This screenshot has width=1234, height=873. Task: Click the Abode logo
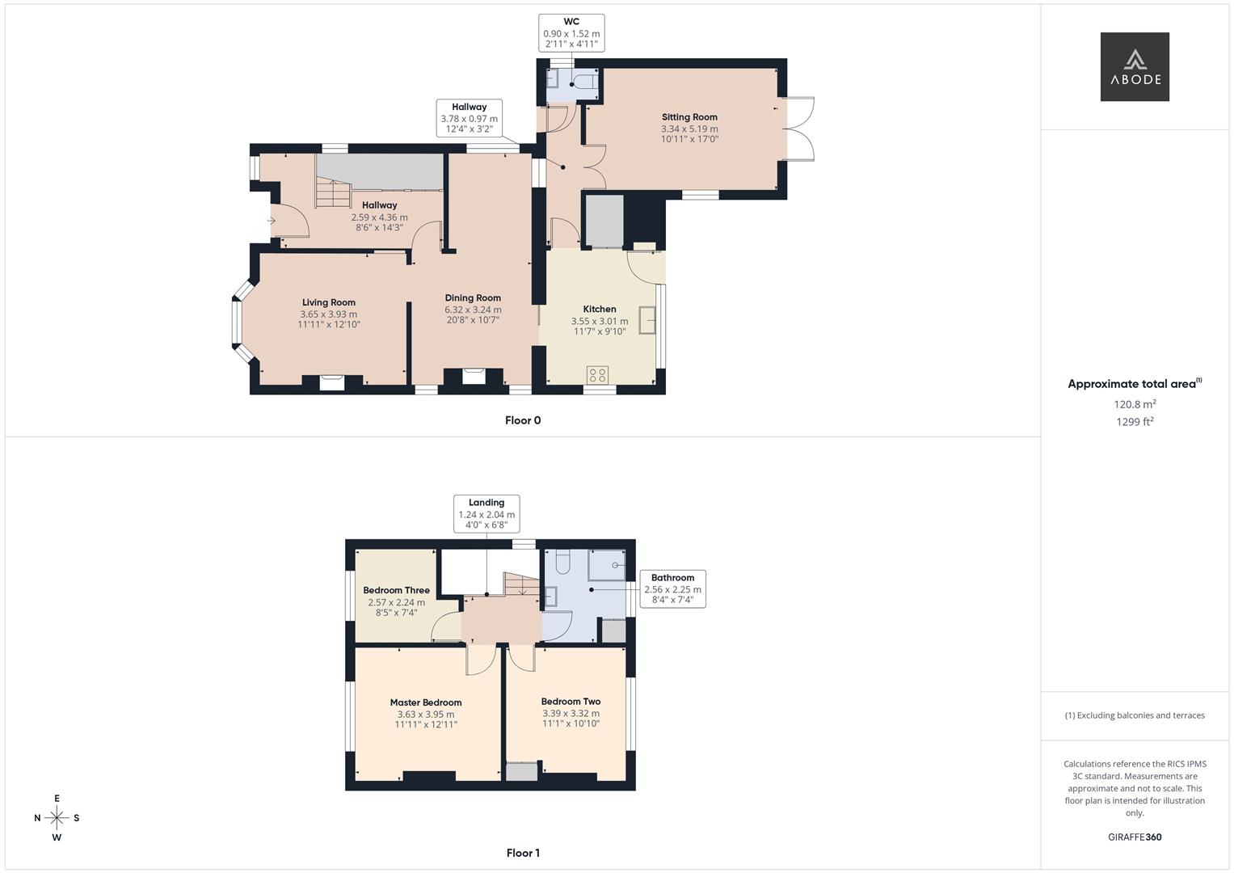pyautogui.click(x=1134, y=66)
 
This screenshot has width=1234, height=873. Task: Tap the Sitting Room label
pyautogui.click(x=689, y=117)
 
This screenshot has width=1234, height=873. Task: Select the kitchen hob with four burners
pyautogui.click(x=598, y=375)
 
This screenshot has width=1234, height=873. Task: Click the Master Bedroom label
pyautogui.click(x=426, y=702)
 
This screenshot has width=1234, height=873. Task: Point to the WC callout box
pyautogui.click(x=571, y=33)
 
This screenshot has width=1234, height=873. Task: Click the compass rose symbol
pyautogui.click(x=57, y=818)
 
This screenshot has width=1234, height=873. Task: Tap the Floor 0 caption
pyautogui.click(x=523, y=420)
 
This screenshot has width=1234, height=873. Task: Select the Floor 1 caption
pyautogui.click(x=523, y=853)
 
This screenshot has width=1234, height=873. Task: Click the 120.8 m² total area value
pyautogui.click(x=1135, y=404)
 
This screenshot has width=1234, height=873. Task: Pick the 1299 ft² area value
pyautogui.click(x=1135, y=421)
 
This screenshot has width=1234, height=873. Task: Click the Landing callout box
pyautogui.click(x=486, y=513)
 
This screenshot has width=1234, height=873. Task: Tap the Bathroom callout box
pyautogui.click(x=672, y=588)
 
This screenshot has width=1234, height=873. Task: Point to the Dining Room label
pyautogui.click(x=473, y=298)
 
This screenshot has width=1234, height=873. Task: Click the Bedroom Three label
pyautogui.click(x=396, y=591)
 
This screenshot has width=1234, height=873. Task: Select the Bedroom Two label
pyautogui.click(x=571, y=702)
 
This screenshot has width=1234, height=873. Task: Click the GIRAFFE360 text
pyautogui.click(x=1135, y=837)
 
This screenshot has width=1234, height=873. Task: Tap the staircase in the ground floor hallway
pyautogui.click(x=330, y=193)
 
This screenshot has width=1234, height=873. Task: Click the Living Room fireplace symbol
pyautogui.click(x=331, y=382)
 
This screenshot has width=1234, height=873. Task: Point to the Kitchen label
pyautogui.click(x=600, y=309)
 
